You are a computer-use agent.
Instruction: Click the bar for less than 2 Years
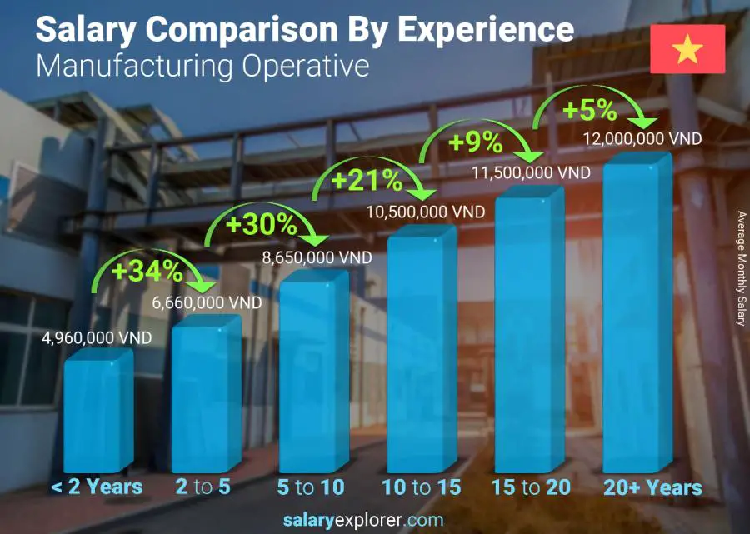click(x=98, y=412)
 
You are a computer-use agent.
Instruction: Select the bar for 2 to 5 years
click(x=206, y=396)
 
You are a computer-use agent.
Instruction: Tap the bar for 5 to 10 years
click(x=313, y=375)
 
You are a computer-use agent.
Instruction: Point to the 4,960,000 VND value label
click(x=97, y=338)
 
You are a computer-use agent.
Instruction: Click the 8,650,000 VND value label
click(x=316, y=259)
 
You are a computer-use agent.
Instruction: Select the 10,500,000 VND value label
click(x=425, y=213)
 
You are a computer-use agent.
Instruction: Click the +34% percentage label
click(x=149, y=271)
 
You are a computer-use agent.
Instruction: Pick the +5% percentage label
click(x=589, y=109)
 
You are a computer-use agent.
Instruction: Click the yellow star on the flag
click(x=687, y=50)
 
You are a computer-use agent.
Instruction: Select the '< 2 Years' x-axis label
click(x=97, y=487)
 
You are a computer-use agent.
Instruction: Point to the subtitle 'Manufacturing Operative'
click(x=202, y=66)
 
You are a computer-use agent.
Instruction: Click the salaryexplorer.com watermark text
click(x=375, y=521)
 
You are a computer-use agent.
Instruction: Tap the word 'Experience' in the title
click(x=485, y=30)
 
